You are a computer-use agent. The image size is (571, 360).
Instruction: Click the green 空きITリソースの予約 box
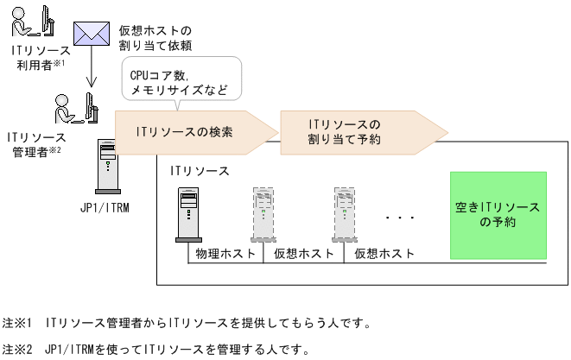pyautogui.click(x=498, y=215)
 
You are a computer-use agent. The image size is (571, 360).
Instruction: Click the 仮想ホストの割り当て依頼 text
pyautogui.click(x=155, y=38)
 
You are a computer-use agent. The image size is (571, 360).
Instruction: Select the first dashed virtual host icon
pyautogui.click(x=263, y=213)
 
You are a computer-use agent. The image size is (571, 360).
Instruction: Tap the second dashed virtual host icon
pyautogui.click(x=346, y=213)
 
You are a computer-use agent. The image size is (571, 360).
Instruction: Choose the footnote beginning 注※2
pyautogui.click(x=155, y=351)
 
